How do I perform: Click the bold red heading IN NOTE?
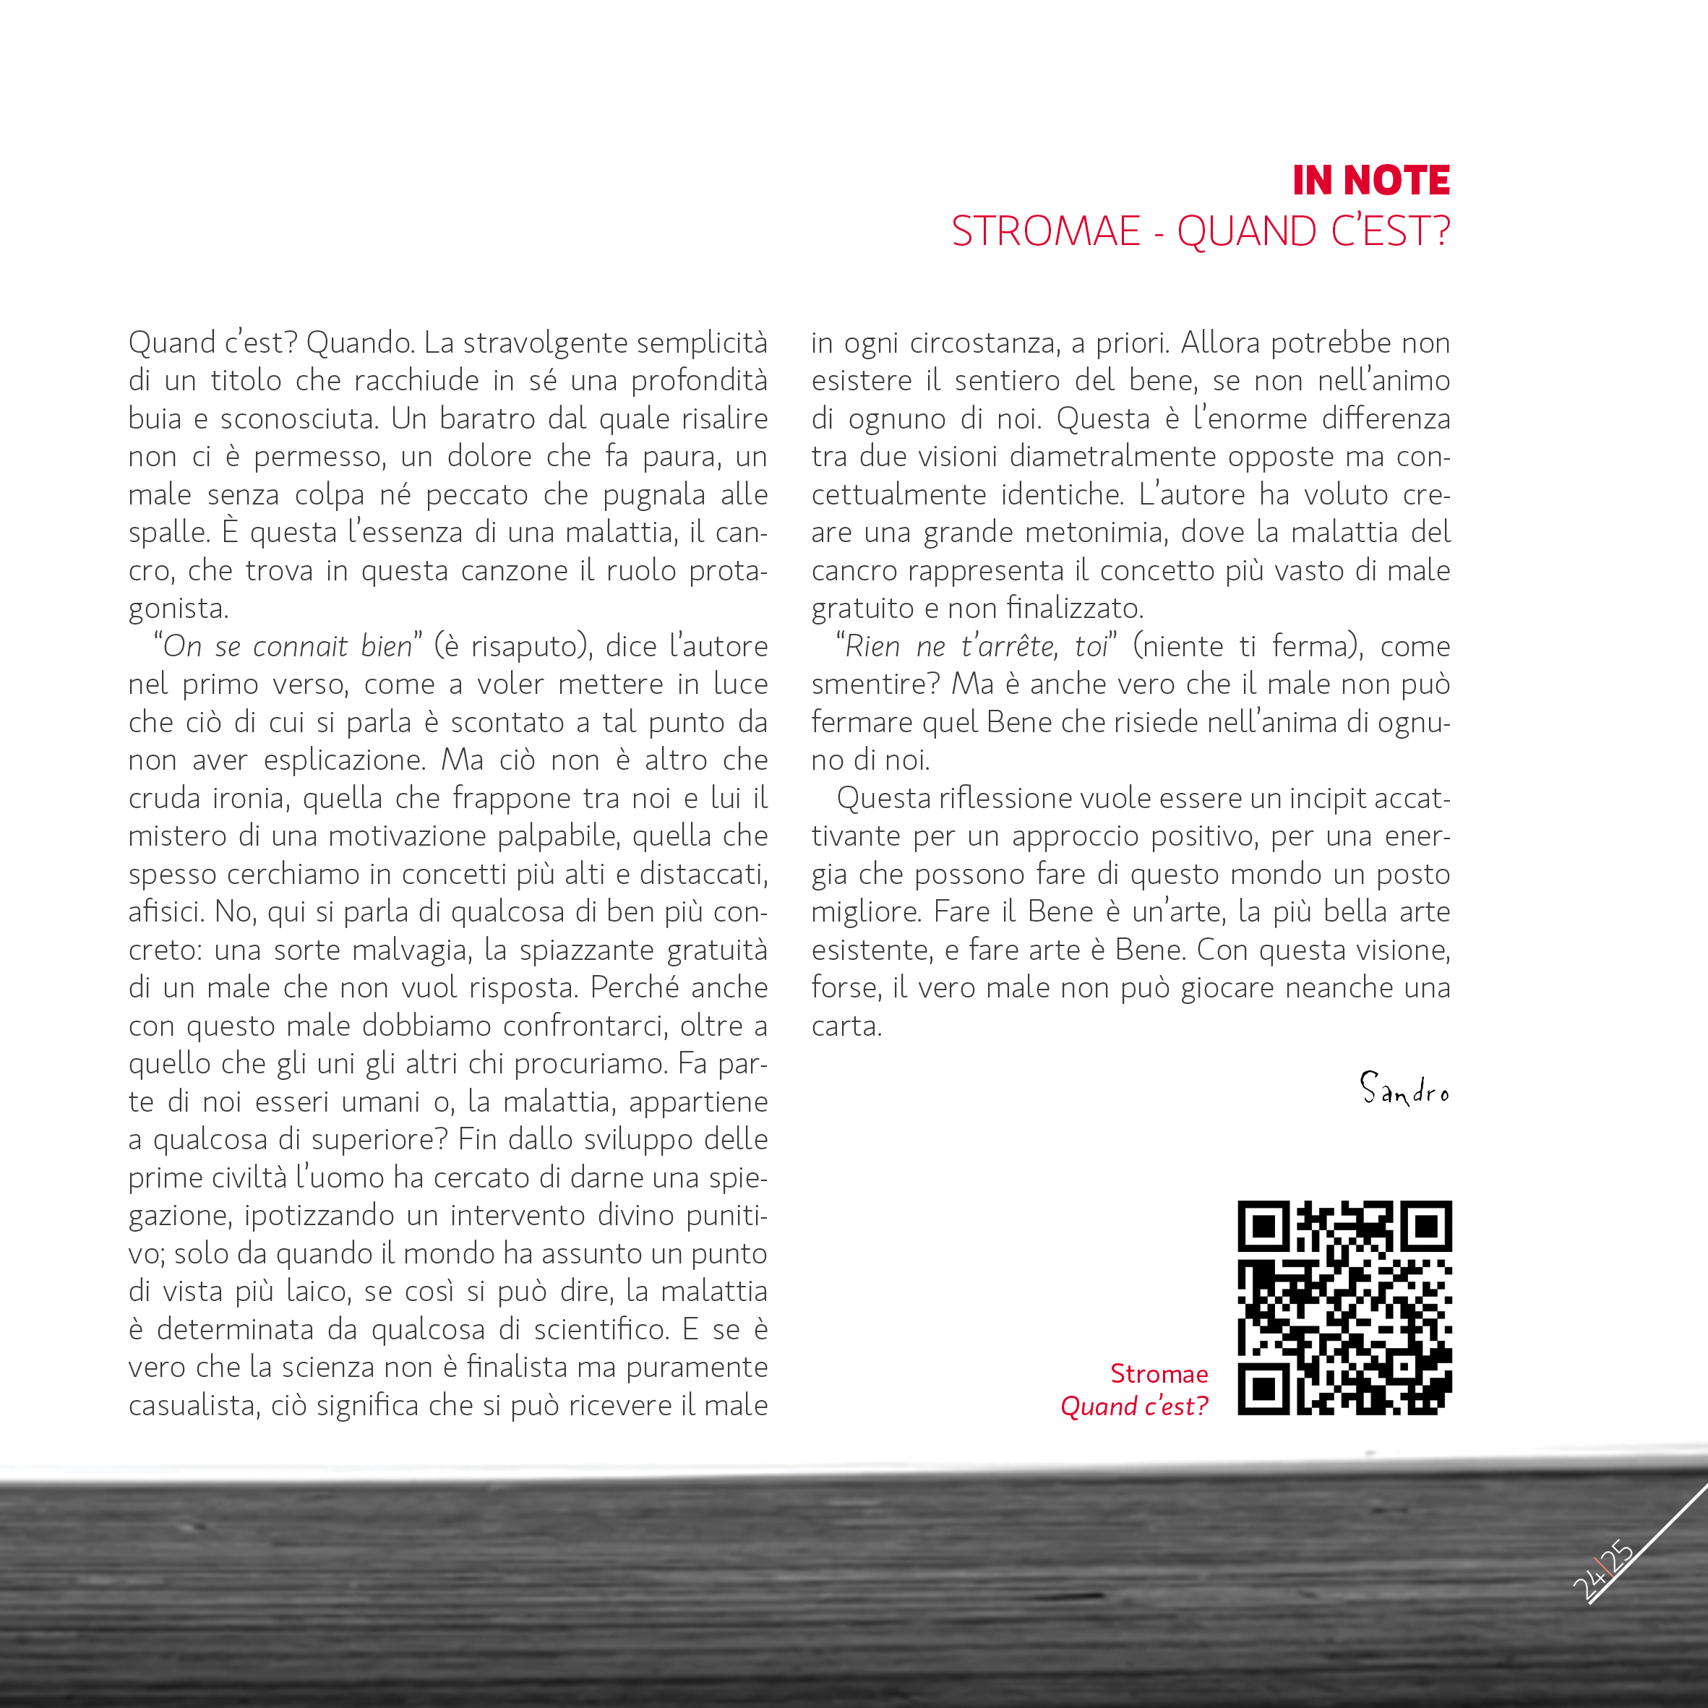(x=1370, y=181)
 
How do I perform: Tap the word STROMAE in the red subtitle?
(x=1046, y=231)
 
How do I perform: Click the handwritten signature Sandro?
(x=1404, y=1090)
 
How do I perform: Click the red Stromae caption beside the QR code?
(x=1158, y=1374)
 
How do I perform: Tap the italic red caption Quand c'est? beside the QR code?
(x=1133, y=1407)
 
